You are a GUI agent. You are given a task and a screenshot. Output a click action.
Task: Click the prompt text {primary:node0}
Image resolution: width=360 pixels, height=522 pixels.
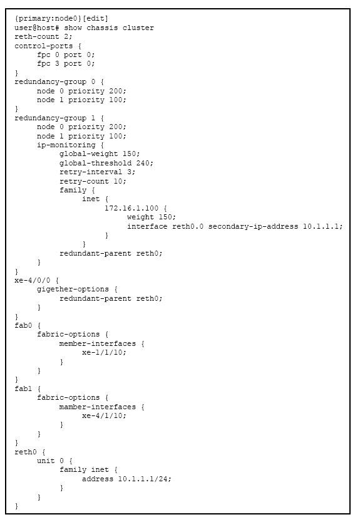point(48,18)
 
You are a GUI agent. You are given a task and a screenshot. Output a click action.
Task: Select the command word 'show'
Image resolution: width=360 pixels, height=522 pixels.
point(73,28)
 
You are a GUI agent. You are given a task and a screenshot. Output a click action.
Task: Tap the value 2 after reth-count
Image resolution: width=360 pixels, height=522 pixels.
point(66,36)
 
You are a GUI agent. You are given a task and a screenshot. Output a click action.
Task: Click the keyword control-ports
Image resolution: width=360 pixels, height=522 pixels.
point(44,46)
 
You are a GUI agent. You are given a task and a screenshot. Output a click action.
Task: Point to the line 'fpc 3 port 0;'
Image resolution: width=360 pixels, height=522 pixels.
point(66,63)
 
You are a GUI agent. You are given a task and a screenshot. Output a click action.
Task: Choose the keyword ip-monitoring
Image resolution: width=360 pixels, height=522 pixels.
point(66,145)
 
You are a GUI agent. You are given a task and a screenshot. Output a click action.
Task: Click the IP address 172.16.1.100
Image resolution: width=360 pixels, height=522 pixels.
point(131,208)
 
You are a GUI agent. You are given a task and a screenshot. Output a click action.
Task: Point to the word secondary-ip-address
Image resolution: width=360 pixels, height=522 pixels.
point(253,226)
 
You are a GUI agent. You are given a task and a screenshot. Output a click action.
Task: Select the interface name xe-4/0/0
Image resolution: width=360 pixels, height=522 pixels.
point(33,280)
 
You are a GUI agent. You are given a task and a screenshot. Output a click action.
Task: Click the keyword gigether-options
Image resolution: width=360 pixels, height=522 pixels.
point(73,290)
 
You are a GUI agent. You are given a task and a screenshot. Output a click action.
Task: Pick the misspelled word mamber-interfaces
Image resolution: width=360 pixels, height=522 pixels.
point(98,407)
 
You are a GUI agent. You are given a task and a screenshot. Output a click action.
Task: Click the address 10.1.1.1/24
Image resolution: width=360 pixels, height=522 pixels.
point(142,479)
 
